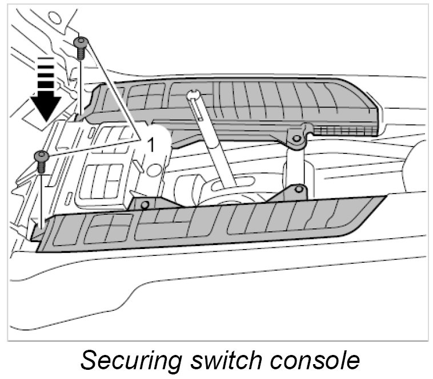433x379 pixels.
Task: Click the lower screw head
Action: pos(41,155)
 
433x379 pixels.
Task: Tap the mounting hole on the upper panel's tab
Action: pos(296,137)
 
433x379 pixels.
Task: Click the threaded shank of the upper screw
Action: pos(81,53)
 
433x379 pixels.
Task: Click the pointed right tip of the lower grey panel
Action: pos(384,198)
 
